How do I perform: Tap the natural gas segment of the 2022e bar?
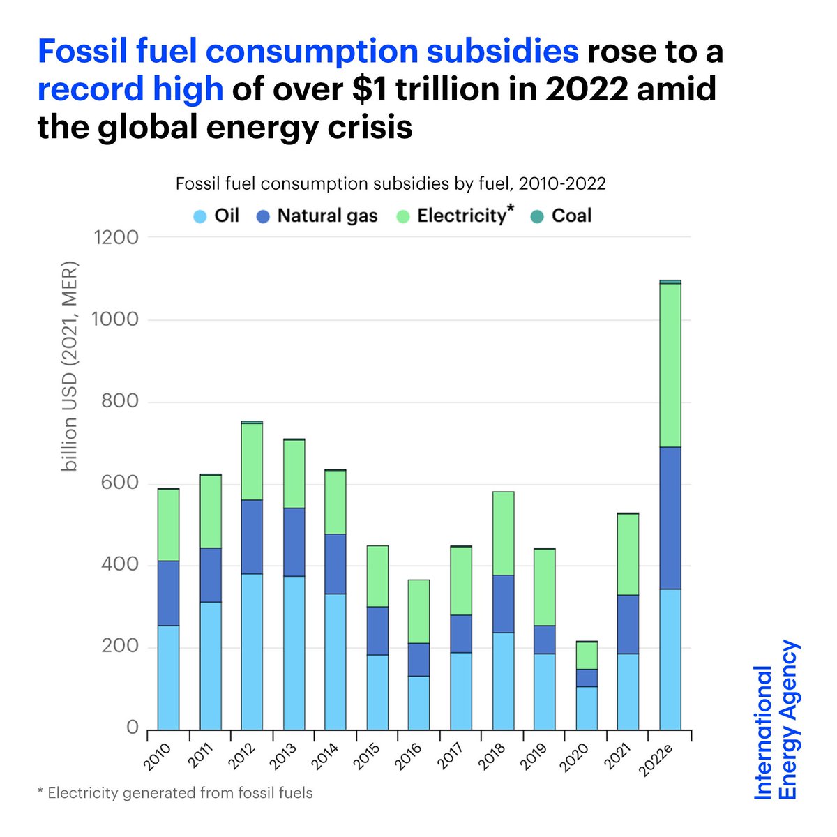tap(670, 518)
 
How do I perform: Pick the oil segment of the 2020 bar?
tap(587, 708)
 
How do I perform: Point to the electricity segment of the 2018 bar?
tap(503, 533)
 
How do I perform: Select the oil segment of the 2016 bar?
tap(419, 702)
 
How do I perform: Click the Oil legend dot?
tap(200, 216)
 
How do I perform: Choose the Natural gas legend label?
tap(327, 216)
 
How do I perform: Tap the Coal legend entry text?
tap(571, 216)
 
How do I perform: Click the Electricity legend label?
tap(461, 216)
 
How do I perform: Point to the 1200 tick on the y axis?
tap(116, 238)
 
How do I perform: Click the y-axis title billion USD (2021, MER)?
tap(69, 366)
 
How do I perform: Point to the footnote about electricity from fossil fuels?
tap(175, 793)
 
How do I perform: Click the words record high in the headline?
tap(130, 90)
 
